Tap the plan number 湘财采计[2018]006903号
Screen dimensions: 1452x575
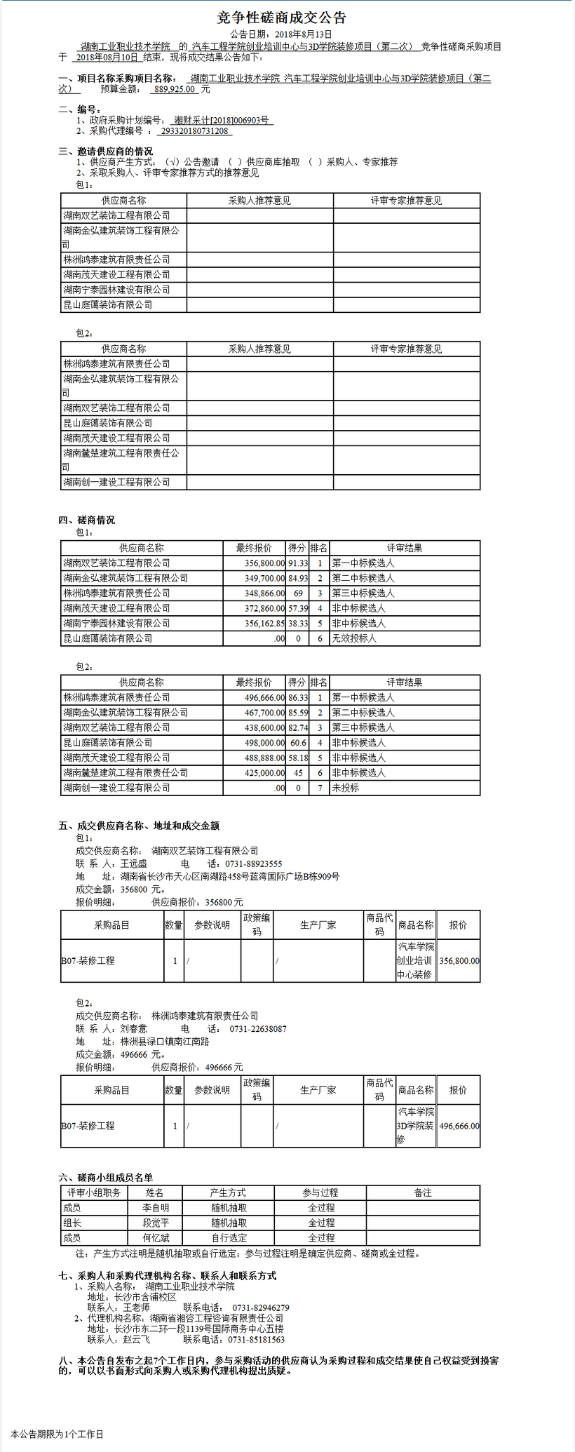pos(222,121)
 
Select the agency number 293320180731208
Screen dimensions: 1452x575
pos(195,131)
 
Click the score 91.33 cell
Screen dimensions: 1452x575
pos(297,563)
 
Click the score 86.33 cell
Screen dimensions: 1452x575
pos(297,698)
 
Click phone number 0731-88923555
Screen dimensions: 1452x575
pos(254,864)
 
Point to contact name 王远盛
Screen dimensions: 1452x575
pos(134,864)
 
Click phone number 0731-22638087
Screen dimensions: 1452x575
pos(258,1029)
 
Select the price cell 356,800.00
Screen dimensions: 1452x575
pos(459,961)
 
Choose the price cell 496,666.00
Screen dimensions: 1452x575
pos(459,1126)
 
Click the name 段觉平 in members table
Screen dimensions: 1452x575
pos(156,1223)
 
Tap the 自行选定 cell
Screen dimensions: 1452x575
pos(229,1238)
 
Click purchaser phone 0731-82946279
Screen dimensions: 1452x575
pos(261,1308)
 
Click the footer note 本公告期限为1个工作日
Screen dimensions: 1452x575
pos(57,1434)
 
